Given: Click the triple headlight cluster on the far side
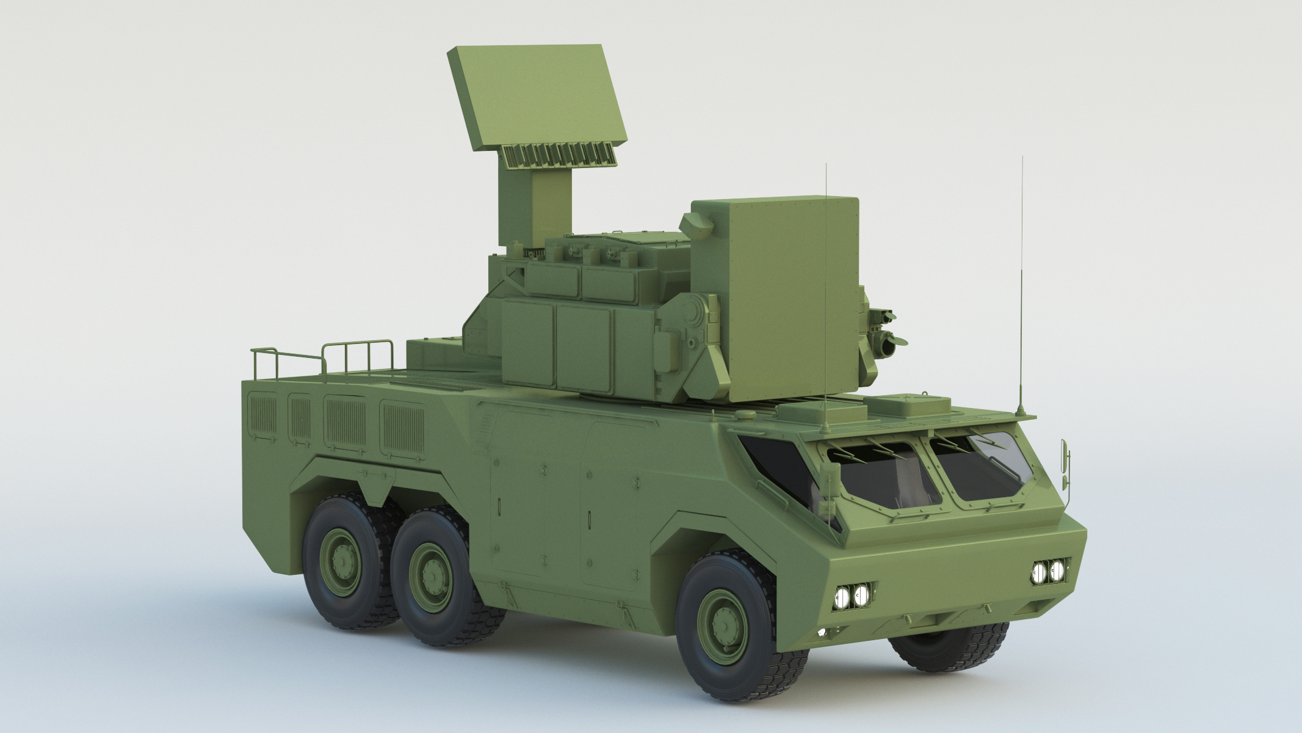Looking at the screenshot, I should pyautogui.click(x=1047, y=571).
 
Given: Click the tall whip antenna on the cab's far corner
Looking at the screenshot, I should pyautogui.click(x=1021, y=287).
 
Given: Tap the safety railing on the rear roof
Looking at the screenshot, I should pyautogui.click(x=324, y=357).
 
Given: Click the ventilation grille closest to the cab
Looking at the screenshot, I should pyautogui.click(x=402, y=428).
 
